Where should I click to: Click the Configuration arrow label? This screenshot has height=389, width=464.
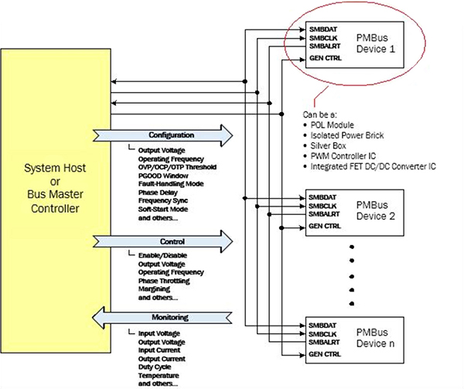[172, 135]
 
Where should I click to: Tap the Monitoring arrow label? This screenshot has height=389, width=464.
[172, 317]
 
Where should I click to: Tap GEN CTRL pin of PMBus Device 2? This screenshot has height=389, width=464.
[323, 227]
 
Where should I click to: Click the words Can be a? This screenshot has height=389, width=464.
[319, 114]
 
